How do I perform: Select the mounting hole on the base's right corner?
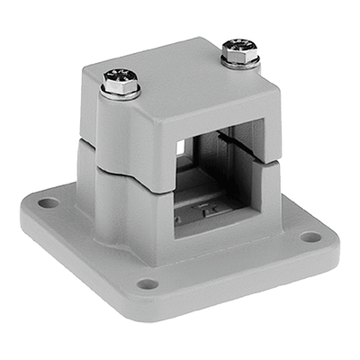coord(310,238)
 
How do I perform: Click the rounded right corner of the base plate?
coord(328,238)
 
